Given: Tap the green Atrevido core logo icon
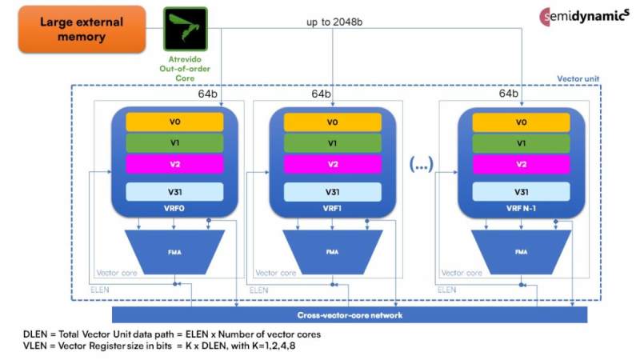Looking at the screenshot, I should (186, 26).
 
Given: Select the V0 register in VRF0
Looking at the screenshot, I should (174, 122).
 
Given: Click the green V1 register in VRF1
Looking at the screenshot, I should (331, 143).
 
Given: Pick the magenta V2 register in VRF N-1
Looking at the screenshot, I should (521, 164).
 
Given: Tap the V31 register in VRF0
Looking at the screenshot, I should (174, 192).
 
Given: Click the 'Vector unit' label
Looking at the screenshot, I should (577, 80).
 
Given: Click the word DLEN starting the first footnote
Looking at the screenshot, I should (37, 333).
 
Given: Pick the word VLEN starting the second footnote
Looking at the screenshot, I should (37, 345).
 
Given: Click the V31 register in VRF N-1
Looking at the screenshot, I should (521, 192).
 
